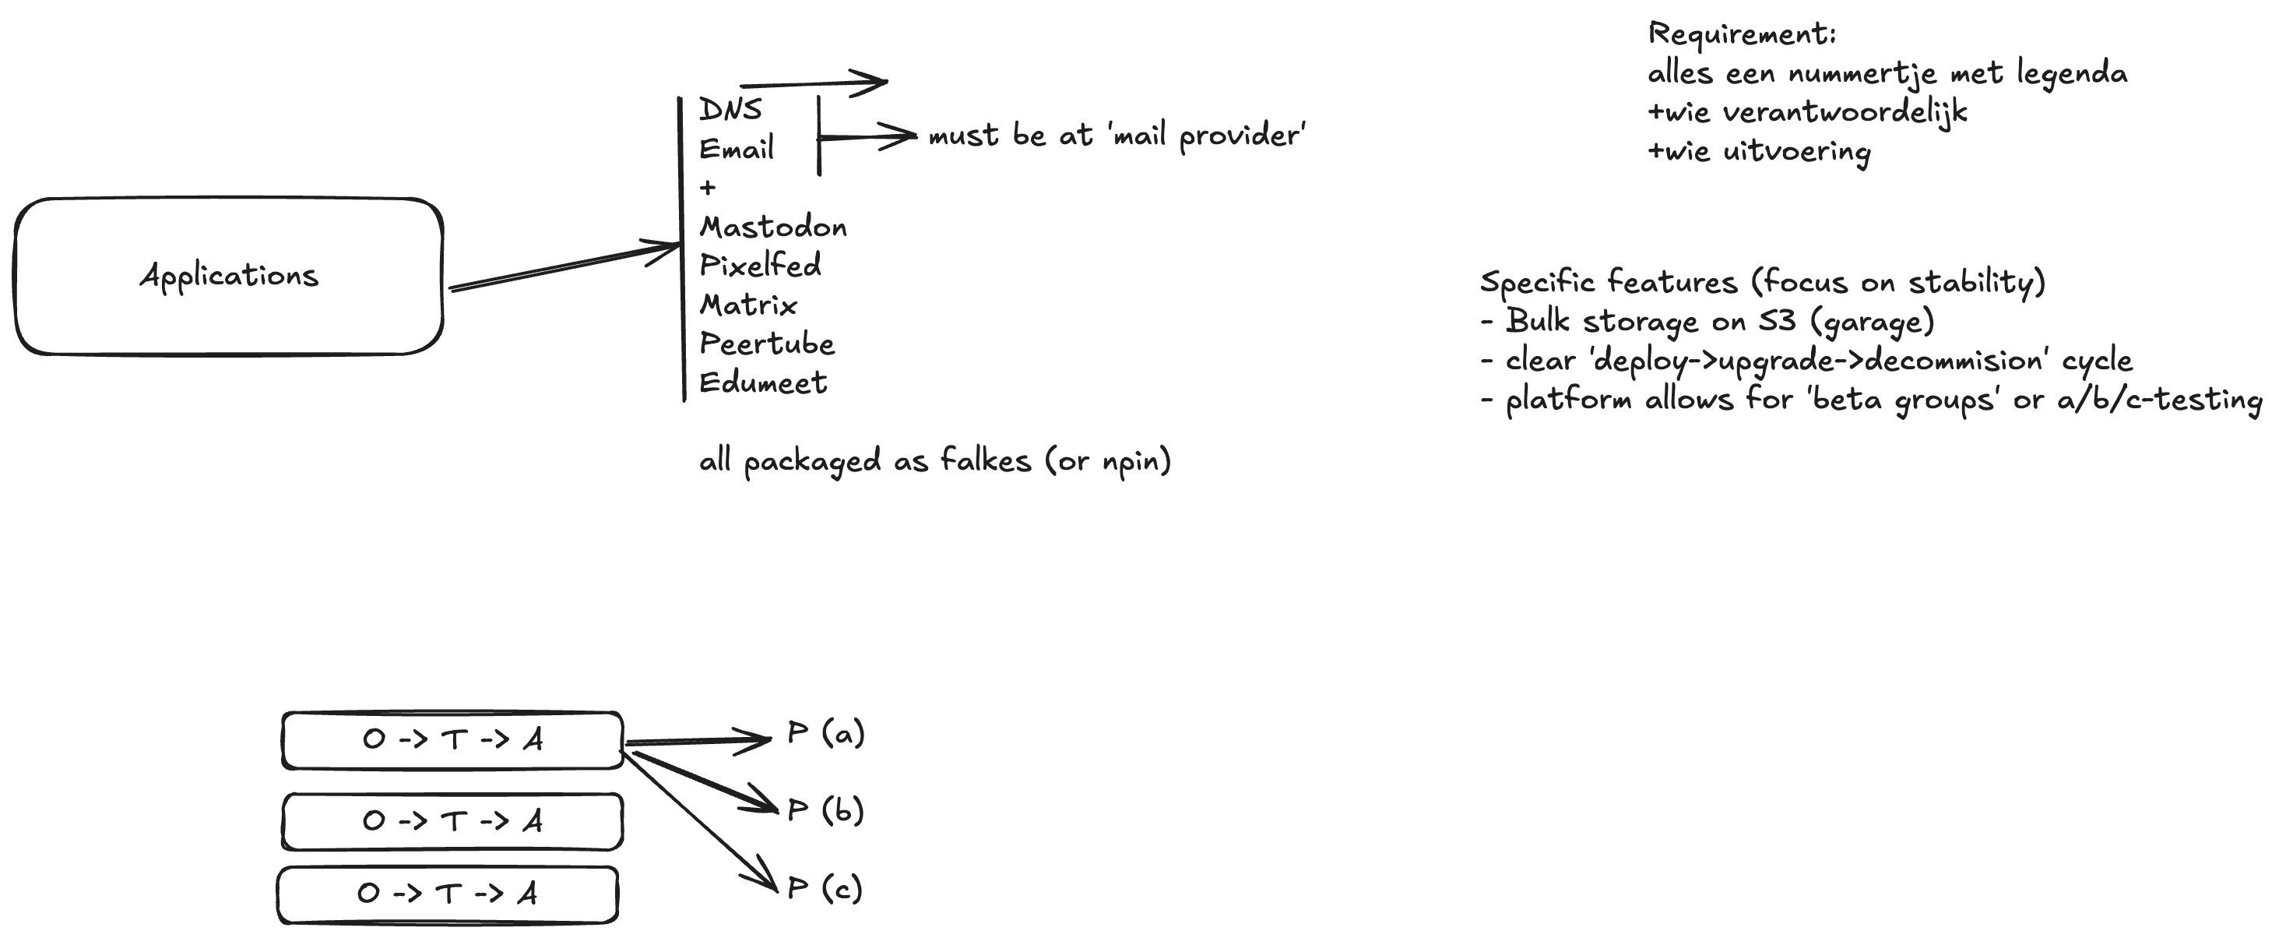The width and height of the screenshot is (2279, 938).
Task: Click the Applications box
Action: (228, 276)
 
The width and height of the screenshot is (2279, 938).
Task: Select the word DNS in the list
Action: (730, 109)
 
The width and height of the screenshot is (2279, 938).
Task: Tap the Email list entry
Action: (736, 149)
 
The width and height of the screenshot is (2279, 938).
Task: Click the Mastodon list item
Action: (773, 227)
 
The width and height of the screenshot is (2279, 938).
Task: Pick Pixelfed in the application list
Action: (760, 266)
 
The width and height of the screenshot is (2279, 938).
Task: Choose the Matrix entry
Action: (748, 305)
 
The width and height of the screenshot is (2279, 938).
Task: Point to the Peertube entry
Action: (767, 344)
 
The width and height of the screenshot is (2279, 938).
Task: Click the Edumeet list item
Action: (762, 383)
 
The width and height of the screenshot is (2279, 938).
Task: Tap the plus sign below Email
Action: (708, 188)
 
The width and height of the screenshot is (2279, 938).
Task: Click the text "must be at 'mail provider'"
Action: (1117, 136)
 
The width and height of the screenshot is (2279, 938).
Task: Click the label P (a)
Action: (825, 734)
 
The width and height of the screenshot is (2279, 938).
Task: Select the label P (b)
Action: (825, 810)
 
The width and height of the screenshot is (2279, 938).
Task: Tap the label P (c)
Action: (825, 888)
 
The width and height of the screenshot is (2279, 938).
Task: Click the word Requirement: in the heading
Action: (1742, 34)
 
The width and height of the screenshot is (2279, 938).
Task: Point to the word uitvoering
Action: (1796, 152)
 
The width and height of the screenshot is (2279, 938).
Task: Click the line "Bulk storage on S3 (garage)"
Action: (1719, 321)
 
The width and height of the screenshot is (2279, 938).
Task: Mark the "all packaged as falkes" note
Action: (935, 461)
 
